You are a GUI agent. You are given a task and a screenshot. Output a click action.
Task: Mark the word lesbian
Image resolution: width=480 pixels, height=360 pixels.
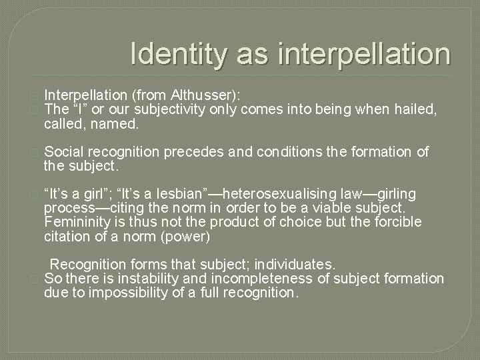[x=155, y=194]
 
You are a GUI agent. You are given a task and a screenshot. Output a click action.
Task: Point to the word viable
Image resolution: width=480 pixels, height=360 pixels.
[x=321, y=208]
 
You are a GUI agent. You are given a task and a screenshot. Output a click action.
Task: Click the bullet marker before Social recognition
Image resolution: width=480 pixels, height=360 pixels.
[x=36, y=152]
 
